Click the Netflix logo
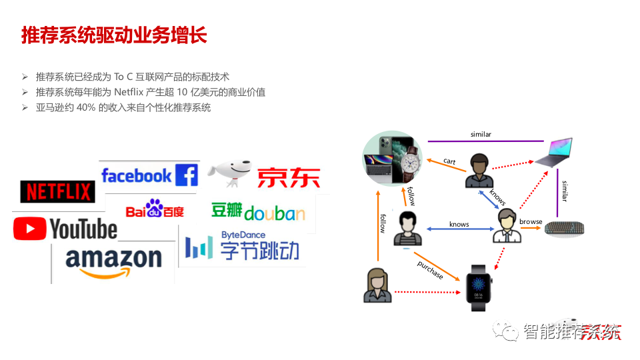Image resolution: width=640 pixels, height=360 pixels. point(58,192)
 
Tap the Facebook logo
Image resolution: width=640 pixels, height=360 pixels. point(149,175)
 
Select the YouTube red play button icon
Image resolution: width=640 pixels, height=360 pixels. point(29,229)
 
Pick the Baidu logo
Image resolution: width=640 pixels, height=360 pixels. point(155,211)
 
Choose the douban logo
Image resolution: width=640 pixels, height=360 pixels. point(258,212)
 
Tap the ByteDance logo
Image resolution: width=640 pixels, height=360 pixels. point(242,246)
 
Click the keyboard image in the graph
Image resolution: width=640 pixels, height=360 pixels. point(565,228)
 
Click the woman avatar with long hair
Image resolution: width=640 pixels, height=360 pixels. point(377,285)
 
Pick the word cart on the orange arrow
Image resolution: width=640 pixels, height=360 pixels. point(449,161)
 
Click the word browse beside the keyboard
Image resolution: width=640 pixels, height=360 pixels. point(531,221)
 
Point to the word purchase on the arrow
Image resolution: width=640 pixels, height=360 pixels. point(430,270)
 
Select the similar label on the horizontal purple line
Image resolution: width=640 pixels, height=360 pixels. point(481,135)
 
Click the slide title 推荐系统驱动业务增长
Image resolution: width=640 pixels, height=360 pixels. point(114,35)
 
